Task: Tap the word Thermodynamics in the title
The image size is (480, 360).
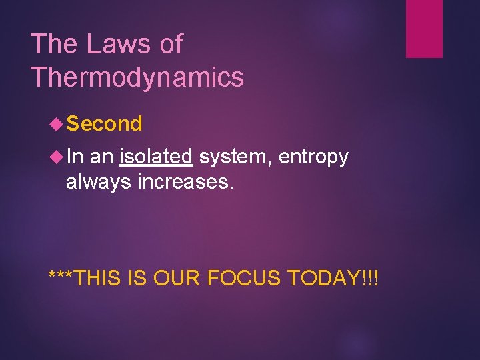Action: pos(137,78)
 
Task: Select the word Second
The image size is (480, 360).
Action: pos(105,123)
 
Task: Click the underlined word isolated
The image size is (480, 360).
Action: pos(156,157)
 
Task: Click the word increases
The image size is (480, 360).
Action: pos(186,181)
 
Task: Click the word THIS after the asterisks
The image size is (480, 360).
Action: pos(97,277)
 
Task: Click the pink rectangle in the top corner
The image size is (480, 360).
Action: pos(424,28)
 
